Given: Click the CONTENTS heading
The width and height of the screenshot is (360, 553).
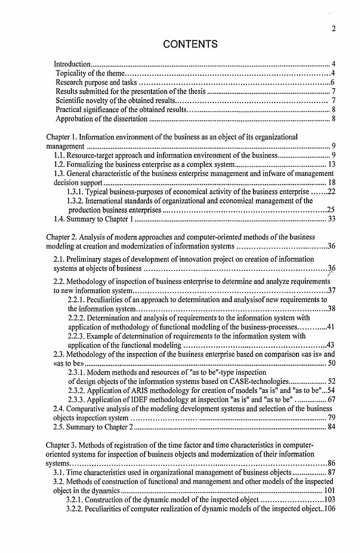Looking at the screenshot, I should [x=190, y=44].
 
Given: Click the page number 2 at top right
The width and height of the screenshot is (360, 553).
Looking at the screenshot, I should [x=333, y=29].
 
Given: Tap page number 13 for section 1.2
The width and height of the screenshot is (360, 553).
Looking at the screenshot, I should [x=331, y=164].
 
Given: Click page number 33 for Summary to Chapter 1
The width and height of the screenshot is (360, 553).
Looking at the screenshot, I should [x=331, y=219].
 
